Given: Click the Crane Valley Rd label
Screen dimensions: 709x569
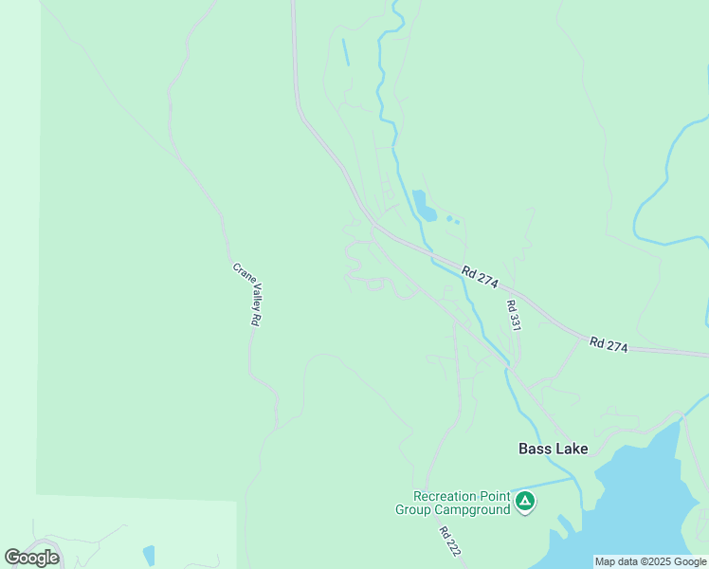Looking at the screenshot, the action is (245, 295).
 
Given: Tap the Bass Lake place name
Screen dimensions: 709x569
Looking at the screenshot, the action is (553, 449).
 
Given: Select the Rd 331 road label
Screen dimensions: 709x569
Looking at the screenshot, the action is (514, 316).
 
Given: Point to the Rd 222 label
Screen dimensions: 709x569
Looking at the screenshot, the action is (449, 541).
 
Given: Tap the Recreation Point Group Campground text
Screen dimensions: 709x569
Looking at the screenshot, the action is (453, 503).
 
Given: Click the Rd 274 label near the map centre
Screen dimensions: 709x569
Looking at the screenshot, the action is (480, 277).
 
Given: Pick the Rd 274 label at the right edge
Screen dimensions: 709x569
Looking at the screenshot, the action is (608, 345).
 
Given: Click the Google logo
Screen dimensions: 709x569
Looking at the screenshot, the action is (31, 558).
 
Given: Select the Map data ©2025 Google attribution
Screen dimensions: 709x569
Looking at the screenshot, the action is (650, 562).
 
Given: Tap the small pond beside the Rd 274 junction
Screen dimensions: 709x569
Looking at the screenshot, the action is (424, 206).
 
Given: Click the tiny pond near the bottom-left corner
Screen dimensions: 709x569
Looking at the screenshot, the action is (148, 555).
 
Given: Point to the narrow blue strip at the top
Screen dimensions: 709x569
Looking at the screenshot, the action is (345, 51).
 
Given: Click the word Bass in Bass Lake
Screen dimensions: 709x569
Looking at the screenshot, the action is (536, 449).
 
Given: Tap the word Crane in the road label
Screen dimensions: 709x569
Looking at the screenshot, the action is (240, 274).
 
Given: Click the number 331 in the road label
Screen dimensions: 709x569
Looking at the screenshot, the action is (515, 321).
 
